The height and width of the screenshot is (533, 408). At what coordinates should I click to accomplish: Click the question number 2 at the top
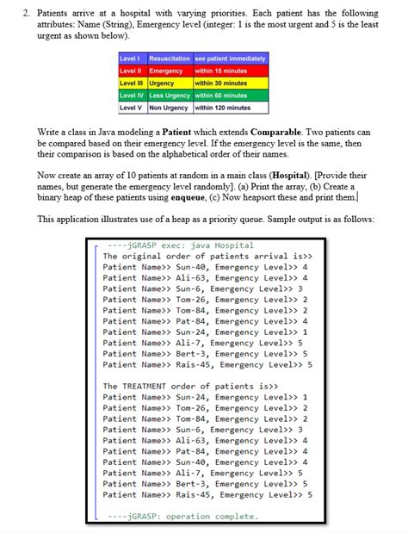click(26, 13)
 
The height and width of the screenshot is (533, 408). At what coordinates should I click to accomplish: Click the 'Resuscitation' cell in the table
click(169, 58)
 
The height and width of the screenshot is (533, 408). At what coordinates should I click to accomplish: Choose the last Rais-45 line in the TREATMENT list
click(207, 495)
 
